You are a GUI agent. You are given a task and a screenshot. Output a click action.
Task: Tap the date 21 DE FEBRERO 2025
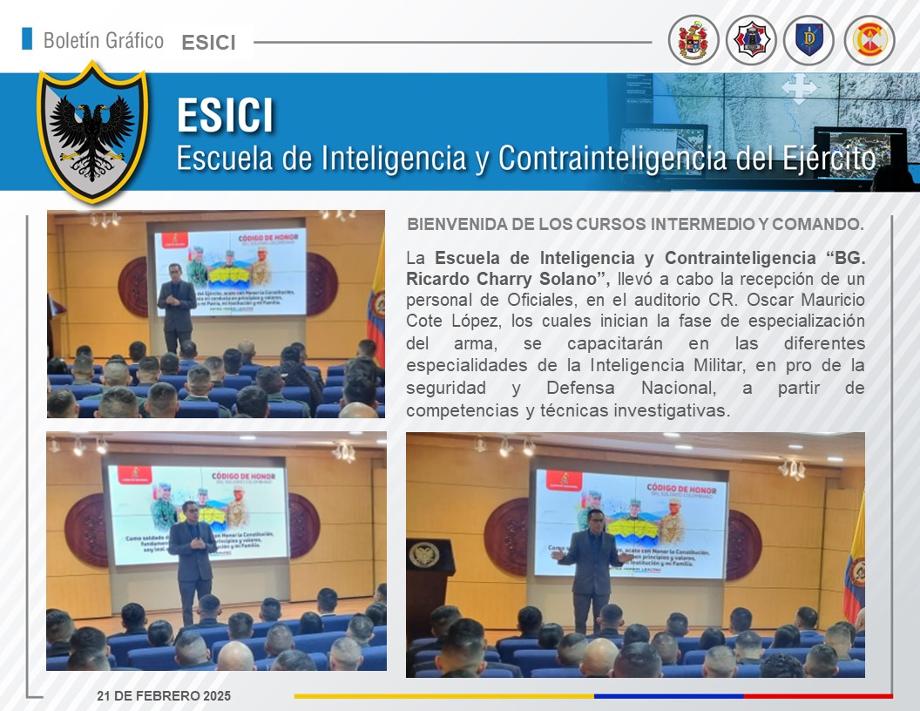164,695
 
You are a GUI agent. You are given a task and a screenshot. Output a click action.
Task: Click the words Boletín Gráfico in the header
103,40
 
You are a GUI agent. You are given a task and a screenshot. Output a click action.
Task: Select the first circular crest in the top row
693,40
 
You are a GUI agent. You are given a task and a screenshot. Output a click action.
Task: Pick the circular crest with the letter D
809,40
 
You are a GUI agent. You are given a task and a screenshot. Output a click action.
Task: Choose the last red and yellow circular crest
869,40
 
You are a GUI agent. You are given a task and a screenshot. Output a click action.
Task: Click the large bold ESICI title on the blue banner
225,116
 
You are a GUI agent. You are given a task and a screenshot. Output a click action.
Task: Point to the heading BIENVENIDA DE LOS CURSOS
635,224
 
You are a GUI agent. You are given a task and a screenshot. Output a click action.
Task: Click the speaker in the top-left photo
177,305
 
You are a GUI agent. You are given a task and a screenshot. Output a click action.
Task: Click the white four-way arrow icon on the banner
798,89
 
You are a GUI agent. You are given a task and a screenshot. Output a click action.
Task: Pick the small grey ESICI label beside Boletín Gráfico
209,42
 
